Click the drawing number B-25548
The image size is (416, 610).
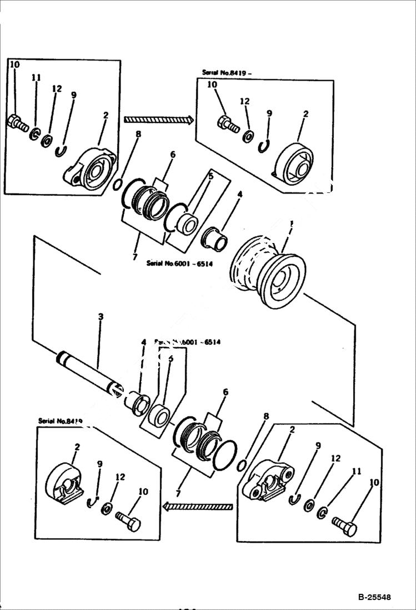coord(374,597)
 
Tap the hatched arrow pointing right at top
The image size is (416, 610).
coord(158,119)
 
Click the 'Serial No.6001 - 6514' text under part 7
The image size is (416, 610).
coord(179,263)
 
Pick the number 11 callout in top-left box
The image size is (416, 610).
coord(36,78)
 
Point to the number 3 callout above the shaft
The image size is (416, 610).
coord(101,317)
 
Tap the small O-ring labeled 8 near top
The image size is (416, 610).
coord(118,184)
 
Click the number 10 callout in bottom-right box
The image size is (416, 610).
coord(374,483)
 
